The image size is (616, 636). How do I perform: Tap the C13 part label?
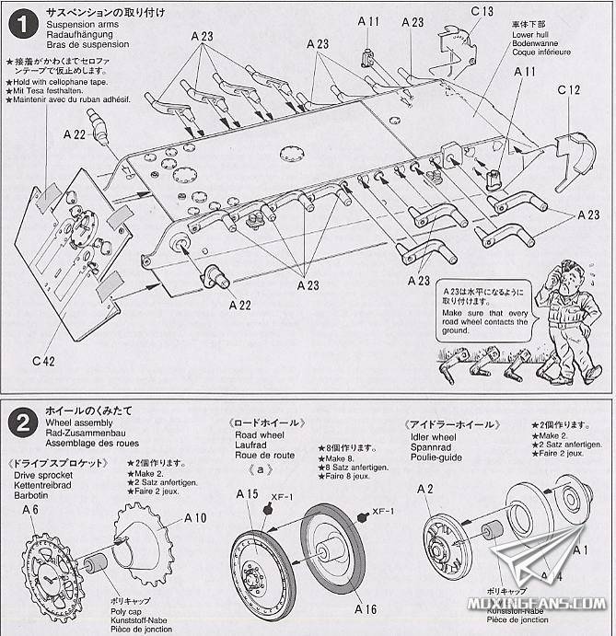pyautogui.click(x=481, y=11)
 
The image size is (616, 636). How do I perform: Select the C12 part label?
pyautogui.click(x=569, y=90)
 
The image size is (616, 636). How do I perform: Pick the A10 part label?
pyautogui.click(x=195, y=517)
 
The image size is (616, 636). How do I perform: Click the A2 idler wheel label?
pyautogui.click(x=424, y=488)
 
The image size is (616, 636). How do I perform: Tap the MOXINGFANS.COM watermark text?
pyautogui.click(x=548, y=604)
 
